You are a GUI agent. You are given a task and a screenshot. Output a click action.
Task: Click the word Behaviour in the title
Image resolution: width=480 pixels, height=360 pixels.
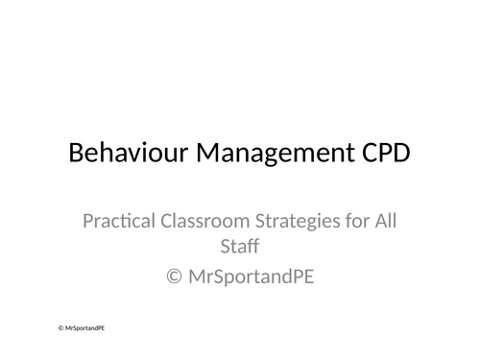123,154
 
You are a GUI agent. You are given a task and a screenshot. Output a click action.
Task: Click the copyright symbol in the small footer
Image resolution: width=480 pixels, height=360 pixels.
60,327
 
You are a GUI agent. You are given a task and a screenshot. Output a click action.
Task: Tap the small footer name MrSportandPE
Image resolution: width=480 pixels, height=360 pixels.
84,327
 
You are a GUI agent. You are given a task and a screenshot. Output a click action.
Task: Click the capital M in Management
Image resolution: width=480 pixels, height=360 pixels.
200,154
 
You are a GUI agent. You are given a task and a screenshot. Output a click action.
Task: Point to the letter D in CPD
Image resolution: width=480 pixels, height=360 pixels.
399,154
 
